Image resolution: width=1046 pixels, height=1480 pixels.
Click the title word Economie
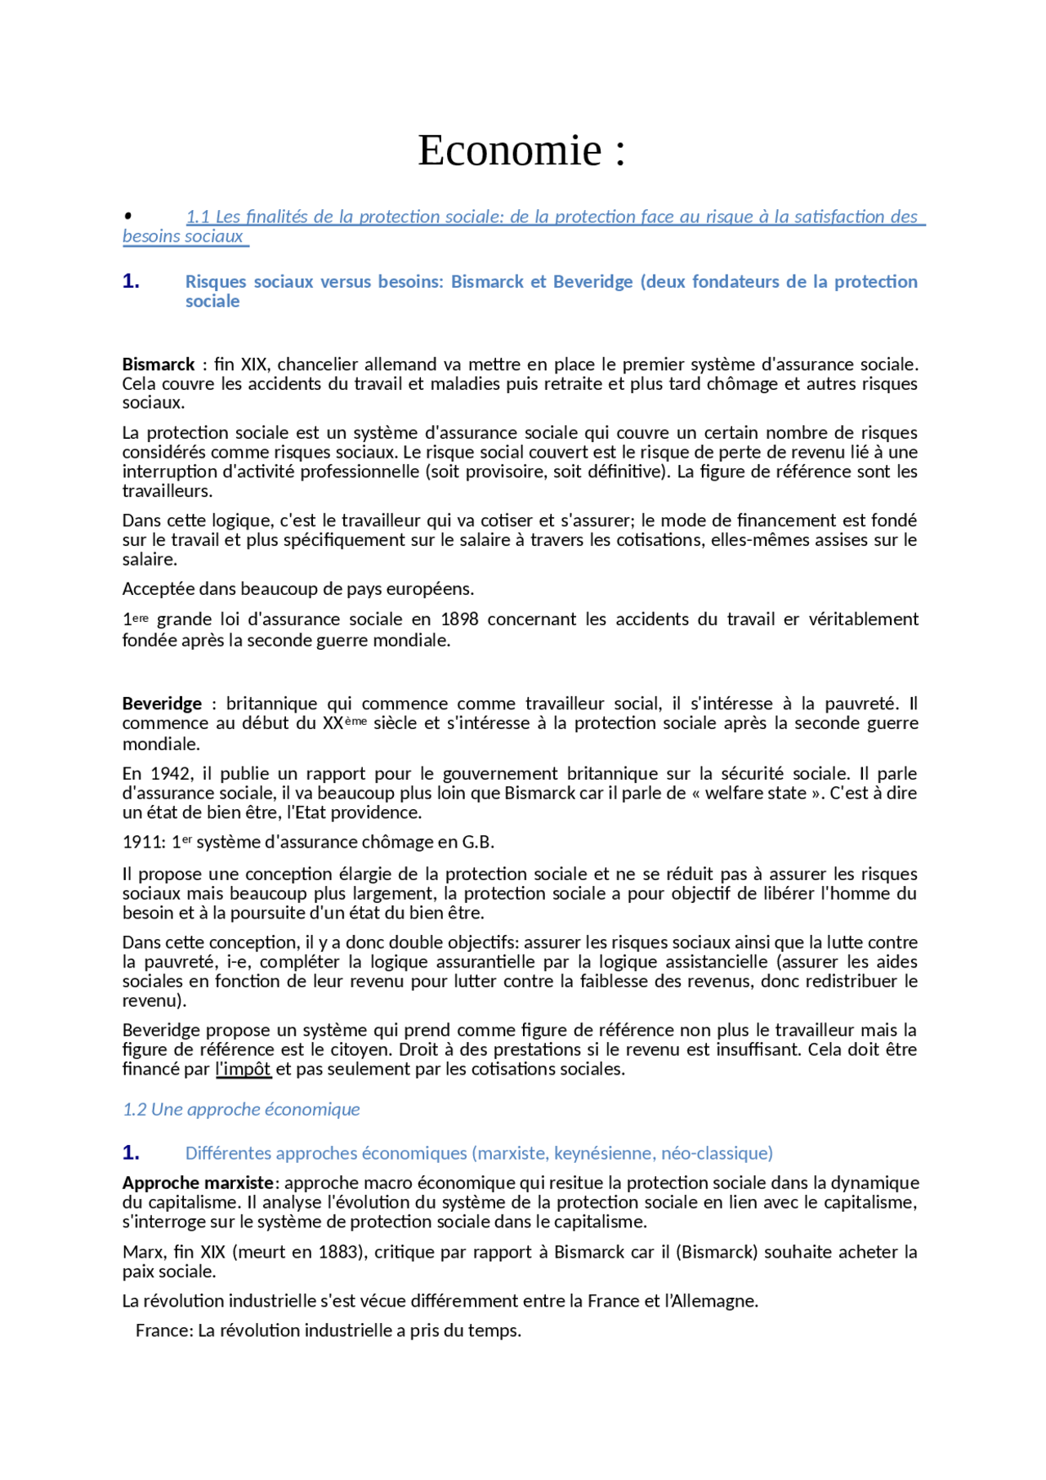pyautogui.click(x=510, y=150)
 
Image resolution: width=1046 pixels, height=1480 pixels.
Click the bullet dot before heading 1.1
pyautogui.click(x=128, y=216)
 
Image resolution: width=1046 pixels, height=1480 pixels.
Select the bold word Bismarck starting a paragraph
pyautogui.click(x=159, y=364)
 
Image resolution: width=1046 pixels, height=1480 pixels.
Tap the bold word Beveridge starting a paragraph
pyautogui.click(x=162, y=704)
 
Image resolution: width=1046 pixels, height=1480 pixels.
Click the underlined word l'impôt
pyautogui.click(x=243, y=1069)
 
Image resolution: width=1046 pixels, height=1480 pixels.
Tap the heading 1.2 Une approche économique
pyautogui.click(x=241, y=1109)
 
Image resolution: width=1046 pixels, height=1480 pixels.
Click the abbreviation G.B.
pyautogui.click(x=478, y=843)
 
